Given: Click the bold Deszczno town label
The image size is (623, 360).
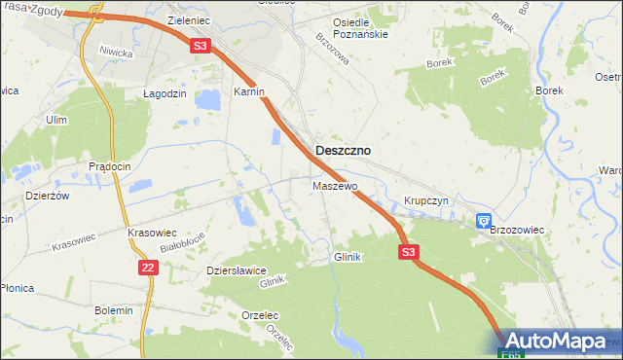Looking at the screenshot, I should coord(343,151).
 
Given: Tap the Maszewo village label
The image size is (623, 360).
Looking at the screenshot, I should coord(336,185).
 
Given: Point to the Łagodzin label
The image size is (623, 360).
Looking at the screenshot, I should coord(152,93).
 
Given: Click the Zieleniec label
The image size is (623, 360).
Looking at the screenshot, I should coord(189,19).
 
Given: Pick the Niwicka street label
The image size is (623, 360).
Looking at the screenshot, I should coord(115,51).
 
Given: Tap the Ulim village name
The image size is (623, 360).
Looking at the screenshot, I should coord(55,120).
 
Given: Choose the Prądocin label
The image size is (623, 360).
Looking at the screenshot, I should coord(109,166).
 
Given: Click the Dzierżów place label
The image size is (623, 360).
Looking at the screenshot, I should coord(47,195).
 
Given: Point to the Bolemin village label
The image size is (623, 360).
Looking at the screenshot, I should coord(113,309).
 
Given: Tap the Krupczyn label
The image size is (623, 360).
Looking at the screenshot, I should coord(424,200).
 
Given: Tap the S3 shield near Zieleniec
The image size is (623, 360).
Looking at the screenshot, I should coord(200,45).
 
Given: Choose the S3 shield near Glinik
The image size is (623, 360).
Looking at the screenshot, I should coord(409,252).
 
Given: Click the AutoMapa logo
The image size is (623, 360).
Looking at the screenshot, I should coord(559,342).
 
